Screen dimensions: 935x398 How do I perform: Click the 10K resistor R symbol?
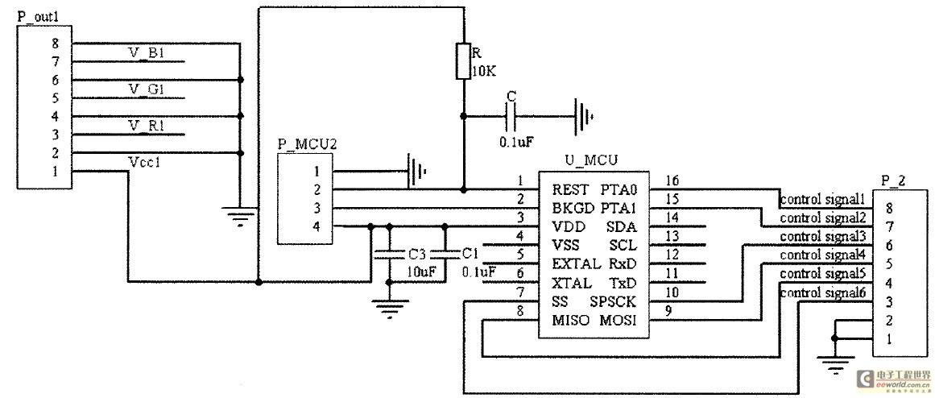point(463,61)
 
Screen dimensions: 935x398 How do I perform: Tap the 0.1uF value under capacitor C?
point(515,143)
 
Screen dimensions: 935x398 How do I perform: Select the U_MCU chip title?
point(590,160)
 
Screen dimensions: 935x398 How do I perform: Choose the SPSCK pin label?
point(614,301)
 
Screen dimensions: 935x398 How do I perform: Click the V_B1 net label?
point(147,54)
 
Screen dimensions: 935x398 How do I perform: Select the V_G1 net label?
point(147,90)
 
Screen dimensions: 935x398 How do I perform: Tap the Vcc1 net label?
point(144,162)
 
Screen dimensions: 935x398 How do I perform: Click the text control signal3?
point(823,236)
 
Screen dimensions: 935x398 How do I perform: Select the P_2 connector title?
point(893,181)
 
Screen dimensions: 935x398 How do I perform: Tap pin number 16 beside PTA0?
point(672,180)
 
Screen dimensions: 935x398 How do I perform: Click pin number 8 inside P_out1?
point(55,44)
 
